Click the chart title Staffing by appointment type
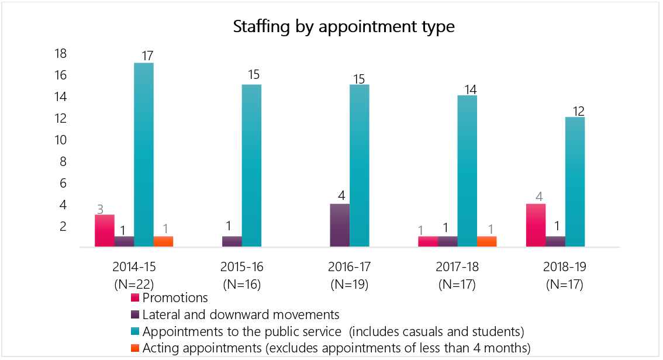coord(344,27)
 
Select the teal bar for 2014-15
coord(144,155)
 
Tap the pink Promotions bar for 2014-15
coord(105,231)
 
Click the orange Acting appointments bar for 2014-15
coord(163,242)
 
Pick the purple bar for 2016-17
coord(340,226)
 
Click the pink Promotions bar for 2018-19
coord(536,226)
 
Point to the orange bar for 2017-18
coord(486,242)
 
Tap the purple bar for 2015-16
coord(232,242)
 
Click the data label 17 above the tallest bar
coord(147,56)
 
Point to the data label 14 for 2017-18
coord(471,89)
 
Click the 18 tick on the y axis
coord(60,54)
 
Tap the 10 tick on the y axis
coord(60,140)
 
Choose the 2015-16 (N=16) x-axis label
coord(242,276)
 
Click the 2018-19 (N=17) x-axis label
coord(565,276)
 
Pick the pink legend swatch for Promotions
coord(135,298)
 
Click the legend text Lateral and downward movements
coord(241,314)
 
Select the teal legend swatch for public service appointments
coord(135,331)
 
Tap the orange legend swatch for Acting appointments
coord(135,348)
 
